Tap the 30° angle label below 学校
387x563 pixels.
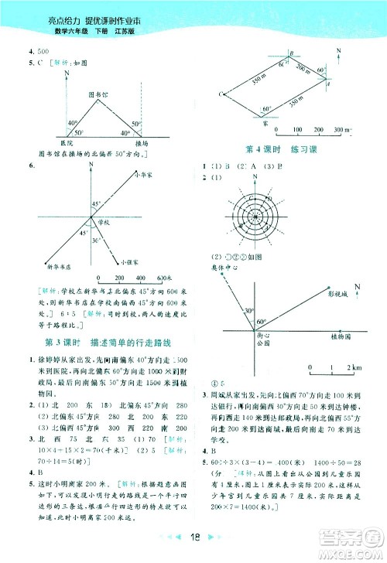(95, 241)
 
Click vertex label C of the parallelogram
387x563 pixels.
(221, 94)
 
